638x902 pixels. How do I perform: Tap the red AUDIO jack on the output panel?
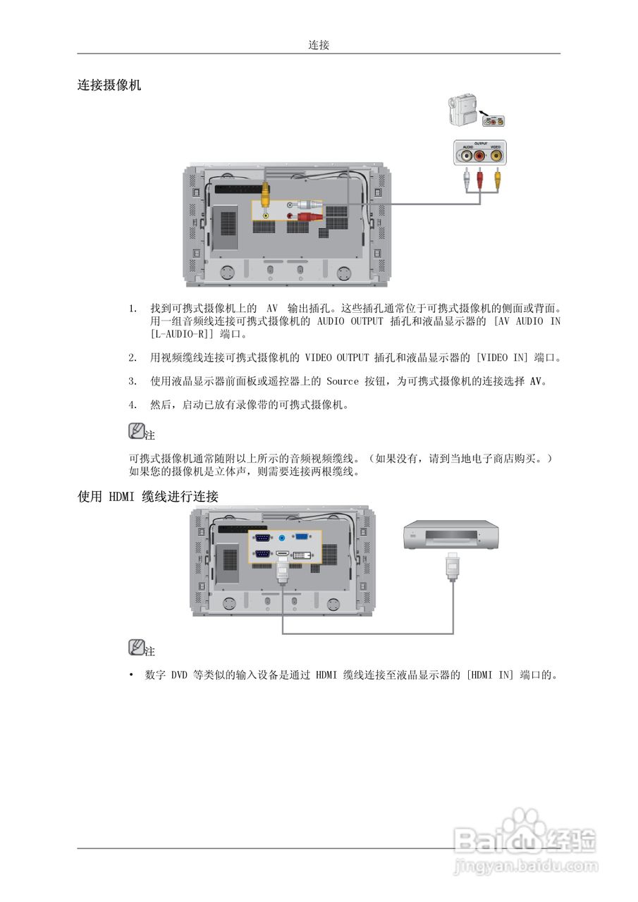(480, 156)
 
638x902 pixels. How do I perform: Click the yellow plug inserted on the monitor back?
(264, 191)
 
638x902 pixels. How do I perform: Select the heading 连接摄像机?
(109, 85)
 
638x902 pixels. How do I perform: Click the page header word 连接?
(319, 45)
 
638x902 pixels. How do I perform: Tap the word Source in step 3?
(343, 381)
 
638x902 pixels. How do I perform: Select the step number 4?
(132, 405)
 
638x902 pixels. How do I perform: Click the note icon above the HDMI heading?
(137, 430)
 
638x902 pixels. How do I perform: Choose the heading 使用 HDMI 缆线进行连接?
(148, 497)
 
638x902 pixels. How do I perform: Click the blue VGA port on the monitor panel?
(301, 537)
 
